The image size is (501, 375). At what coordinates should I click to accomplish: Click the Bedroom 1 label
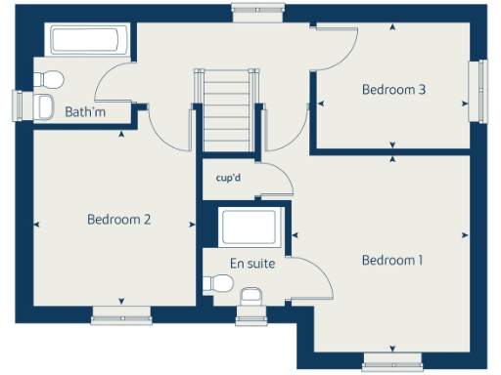(391, 260)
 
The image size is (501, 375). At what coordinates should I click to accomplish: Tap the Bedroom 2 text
(118, 220)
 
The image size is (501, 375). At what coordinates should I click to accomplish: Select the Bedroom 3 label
(393, 90)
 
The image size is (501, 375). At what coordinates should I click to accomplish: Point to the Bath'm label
(84, 112)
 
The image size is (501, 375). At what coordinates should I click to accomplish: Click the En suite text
(251, 263)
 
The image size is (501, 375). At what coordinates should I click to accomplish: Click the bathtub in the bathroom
(85, 41)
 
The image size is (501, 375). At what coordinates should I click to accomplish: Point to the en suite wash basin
(251, 295)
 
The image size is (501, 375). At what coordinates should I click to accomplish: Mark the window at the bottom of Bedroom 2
(121, 314)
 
